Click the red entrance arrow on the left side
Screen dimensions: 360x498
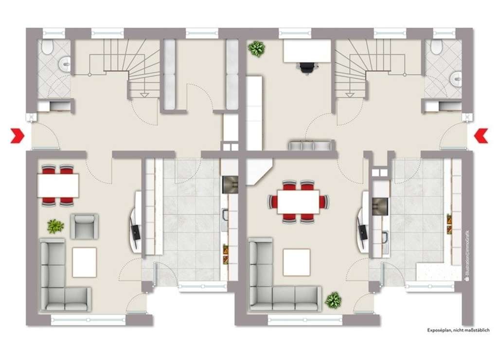click(x=18, y=136)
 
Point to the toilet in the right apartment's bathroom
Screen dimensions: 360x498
click(x=436, y=47)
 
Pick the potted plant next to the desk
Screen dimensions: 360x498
click(x=256, y=49)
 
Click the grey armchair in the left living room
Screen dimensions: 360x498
click(x=84, y=226)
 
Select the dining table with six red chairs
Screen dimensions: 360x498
click(x=298, y=201)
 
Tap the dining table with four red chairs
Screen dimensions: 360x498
click(x=58, y=185)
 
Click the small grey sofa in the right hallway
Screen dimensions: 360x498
click(x=310, y=145)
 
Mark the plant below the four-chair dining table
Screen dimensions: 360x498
click(x=55, y=226)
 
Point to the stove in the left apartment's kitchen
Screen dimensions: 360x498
click(x=230, y=185)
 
